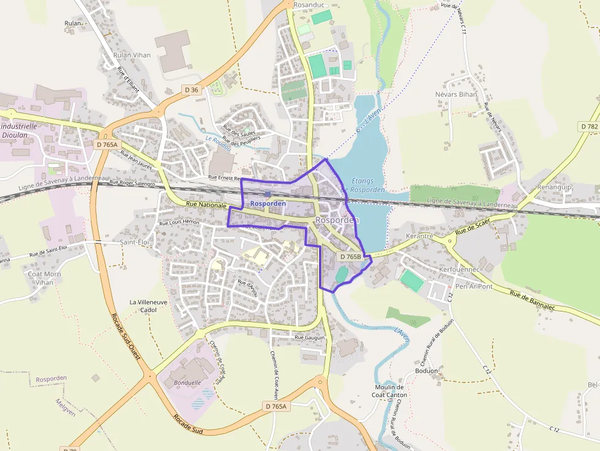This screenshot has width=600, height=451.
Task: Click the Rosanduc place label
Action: click(308, 5)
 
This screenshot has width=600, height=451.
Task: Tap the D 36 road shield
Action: click(192, 90)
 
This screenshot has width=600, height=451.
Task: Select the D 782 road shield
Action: click(588, 126)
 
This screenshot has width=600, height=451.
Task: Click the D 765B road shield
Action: click(350, 257)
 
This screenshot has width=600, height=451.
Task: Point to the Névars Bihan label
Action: click(456, 95)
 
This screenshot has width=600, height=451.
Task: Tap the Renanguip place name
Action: click(554, 187)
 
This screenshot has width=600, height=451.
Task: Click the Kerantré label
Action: click(419, 236)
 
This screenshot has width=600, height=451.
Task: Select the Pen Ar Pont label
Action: click(474, 286)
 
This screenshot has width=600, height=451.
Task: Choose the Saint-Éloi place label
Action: click(135, 242)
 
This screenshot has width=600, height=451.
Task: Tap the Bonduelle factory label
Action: click(187, 382)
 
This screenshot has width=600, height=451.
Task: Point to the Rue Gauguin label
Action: click(309, 337)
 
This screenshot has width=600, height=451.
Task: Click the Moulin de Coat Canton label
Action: click(389, 391)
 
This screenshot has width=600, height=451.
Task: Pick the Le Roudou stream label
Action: click(219, 143)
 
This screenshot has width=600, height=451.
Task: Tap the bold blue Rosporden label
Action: click(268, 203)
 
